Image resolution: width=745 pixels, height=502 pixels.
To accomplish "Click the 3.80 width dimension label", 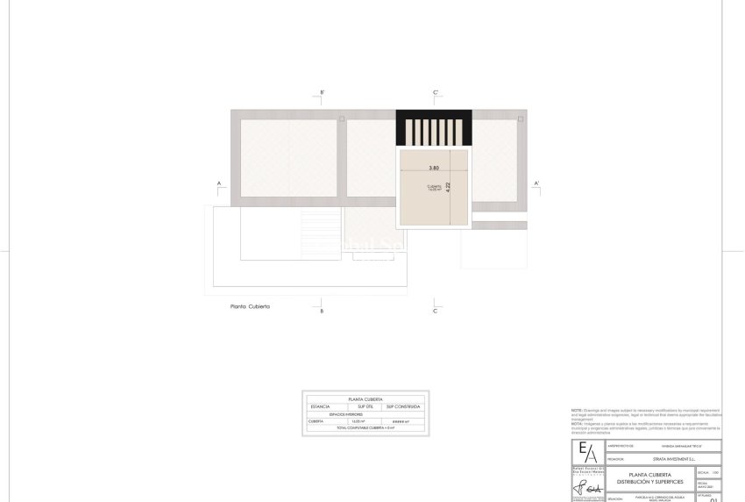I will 434,168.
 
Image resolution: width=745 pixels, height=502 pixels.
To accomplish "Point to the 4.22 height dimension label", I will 448,186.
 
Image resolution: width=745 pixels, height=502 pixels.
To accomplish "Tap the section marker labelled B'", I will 323,92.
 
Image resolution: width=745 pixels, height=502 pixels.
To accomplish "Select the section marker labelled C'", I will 436,92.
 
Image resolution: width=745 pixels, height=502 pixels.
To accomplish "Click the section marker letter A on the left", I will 219,183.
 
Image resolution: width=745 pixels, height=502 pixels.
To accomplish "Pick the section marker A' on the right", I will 536,183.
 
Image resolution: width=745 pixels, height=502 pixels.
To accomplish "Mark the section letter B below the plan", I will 323,311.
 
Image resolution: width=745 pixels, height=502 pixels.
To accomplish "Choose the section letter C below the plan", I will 436,311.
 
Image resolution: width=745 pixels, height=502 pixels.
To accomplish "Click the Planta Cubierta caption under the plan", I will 250,307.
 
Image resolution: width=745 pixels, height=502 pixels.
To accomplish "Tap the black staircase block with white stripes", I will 434,128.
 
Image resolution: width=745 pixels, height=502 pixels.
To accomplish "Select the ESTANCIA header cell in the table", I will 321,406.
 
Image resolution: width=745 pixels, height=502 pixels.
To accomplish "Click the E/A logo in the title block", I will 586,450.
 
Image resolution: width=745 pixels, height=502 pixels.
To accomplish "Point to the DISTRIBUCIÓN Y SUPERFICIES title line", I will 649,482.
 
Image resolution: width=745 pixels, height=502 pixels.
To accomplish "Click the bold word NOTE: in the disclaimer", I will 577,410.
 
